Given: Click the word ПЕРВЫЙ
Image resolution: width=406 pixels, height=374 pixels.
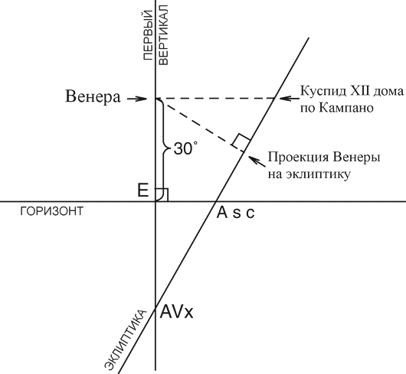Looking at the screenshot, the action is tap(147, 35).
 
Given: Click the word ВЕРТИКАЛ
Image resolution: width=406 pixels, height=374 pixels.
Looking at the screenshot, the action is tap(164, 35).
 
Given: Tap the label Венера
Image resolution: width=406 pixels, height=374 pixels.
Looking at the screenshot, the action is tap(93, 97).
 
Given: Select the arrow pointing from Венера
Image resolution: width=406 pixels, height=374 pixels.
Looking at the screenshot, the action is tap(136, 99).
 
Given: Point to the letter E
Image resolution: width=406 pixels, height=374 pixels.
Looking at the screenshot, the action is tap(143, 190).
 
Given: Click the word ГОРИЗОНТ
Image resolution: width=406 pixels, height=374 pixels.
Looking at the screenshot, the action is tap(52, 211).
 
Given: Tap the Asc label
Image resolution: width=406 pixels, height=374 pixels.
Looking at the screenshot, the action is tap(235, 213).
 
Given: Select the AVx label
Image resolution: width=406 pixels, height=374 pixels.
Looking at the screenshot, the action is tap(177, 312).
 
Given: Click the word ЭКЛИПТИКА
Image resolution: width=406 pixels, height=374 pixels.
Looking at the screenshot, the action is tap(126, 339).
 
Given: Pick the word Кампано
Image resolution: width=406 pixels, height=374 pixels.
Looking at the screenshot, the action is tap(345, 108).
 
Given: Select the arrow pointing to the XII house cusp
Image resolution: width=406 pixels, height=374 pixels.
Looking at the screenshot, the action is tap(290, 98).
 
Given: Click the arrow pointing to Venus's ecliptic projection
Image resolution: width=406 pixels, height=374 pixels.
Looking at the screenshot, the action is tap(257, 161).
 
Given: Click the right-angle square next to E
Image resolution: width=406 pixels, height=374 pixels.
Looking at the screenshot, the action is tap(162, 194).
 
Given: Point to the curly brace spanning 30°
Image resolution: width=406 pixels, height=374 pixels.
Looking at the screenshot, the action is tap(163, 149).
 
